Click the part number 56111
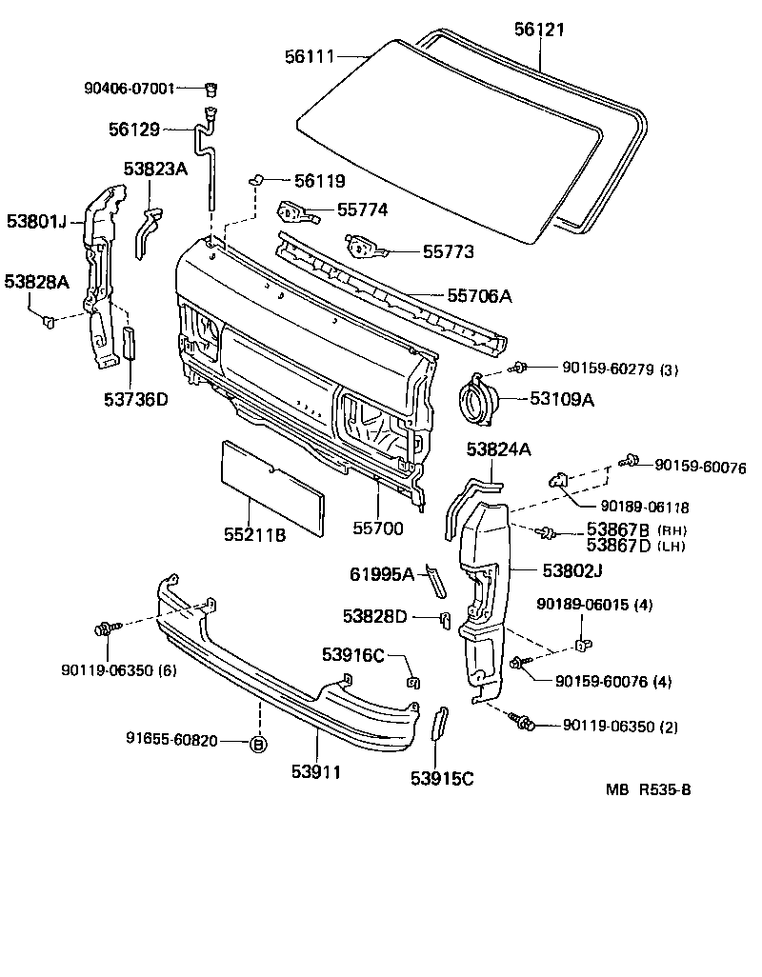pos(310,57)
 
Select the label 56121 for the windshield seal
pos(540,30)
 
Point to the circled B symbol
pos(257,745)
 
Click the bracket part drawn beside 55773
pos(365,249)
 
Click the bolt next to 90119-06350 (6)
pos(105,628)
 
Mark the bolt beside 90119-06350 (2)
pos(522,721)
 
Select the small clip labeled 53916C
pos(412,680)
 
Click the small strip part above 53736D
pos(130,342)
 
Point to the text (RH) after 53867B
pos(672,529)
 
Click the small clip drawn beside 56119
pos(256,179)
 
